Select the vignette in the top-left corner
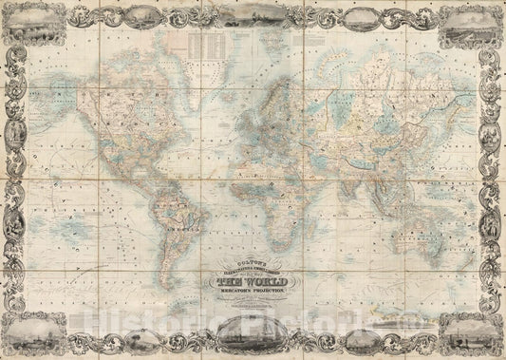tap(29, 25)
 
